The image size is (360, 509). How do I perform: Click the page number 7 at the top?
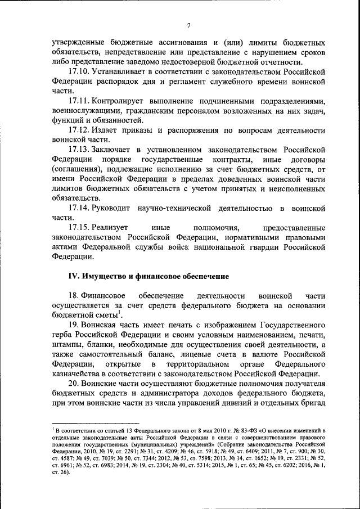coord(190,25)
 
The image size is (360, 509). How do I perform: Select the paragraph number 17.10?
coord(79,73)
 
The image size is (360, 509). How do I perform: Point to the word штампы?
coord(65,345)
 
